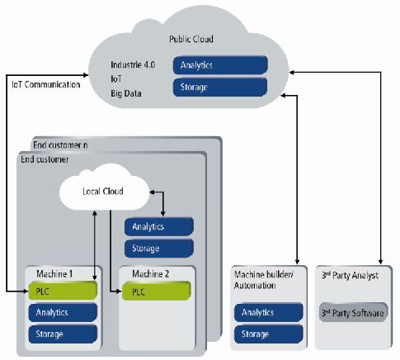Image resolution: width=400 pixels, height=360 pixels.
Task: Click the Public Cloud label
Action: tap(191, 39)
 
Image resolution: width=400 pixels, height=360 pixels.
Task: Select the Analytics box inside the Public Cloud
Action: tap(220, 65)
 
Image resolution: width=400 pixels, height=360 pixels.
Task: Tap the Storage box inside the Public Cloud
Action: tap(220, 88)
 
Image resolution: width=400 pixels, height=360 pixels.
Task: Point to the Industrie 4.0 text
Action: tap(133, 65)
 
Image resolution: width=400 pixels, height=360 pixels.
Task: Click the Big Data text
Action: tap(126, 93)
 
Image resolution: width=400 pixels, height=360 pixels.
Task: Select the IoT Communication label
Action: tap(46, 84)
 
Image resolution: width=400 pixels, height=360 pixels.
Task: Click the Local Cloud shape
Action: tap(104, 187)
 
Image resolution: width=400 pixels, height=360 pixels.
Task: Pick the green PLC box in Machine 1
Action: tap(63, 291)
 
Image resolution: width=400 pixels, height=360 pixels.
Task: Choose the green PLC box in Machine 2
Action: tap(156, 291)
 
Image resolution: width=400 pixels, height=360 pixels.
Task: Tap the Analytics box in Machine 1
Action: tap(63, 312)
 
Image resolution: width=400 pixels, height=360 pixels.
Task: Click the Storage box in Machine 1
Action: tap(63, 334)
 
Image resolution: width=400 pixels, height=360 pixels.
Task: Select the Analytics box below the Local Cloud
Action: tap(159, 227)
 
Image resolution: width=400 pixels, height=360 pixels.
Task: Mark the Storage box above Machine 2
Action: tap(159, 249)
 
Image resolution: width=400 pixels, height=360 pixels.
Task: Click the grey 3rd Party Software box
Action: tap(353, 312)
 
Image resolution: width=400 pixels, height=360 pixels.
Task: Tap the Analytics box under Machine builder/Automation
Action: tap(268, 312)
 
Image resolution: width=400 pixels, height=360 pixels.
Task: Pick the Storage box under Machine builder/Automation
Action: tap(268, 334)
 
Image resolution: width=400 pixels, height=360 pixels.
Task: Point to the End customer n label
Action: tap(60, 145)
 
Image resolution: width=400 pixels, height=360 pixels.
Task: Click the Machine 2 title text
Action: tap(150, 274)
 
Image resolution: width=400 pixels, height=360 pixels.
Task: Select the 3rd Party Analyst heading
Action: tap(350, 275)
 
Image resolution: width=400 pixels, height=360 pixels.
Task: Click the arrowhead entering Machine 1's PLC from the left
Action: tap(26, 291)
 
